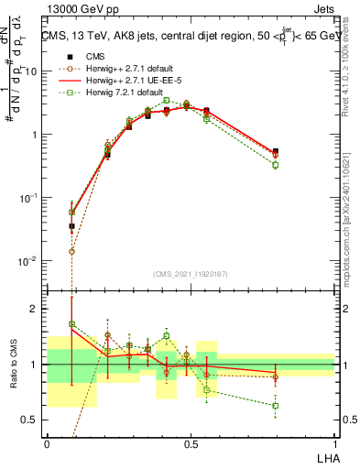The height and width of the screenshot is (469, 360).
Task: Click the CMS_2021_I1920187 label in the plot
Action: click(191, 274)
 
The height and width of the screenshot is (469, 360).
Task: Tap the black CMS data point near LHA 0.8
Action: click(275, 151)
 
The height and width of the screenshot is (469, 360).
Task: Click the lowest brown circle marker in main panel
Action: click(71, 250)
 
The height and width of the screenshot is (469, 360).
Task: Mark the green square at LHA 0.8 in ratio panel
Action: click(275, 405)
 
